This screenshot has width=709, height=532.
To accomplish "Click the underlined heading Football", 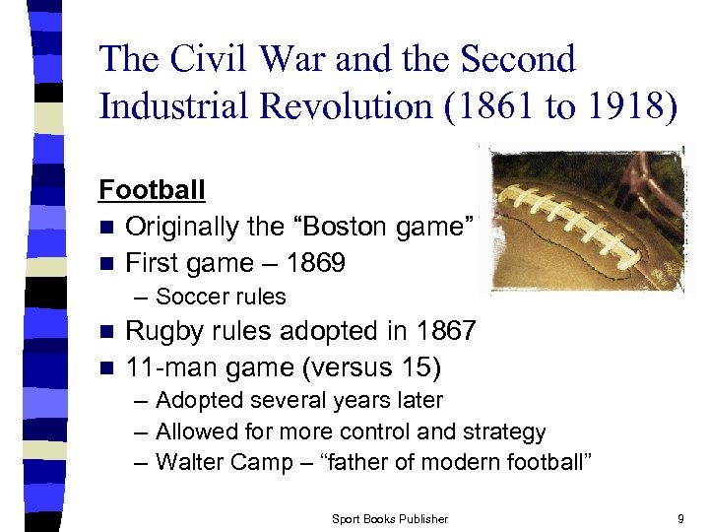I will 152,189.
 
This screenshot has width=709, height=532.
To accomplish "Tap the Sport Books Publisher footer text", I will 390,518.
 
